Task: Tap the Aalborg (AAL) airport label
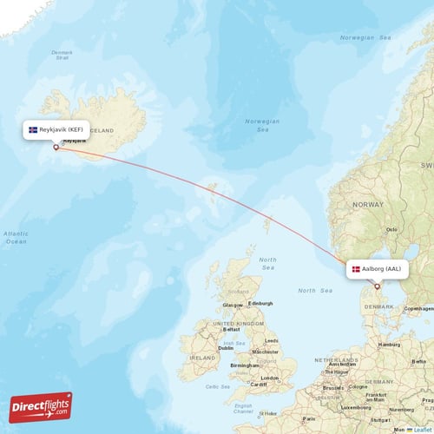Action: click(x=377, y=269)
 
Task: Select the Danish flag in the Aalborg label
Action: click(x=356, y=269)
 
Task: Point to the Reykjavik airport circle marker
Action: click(x=57, y=146)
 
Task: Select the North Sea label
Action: click(x=268, y=264)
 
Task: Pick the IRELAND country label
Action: click(x=203, y=357)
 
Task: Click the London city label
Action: click(x=267, y=378)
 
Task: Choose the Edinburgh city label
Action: click(x=260, y=303)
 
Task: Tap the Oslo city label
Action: click(x=391, y=230)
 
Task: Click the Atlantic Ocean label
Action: click(x=16, y=237)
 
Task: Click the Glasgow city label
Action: click(x=232, y=306)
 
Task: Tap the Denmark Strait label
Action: click(x=62, y=54)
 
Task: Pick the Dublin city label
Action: click(x=225, y=348)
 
